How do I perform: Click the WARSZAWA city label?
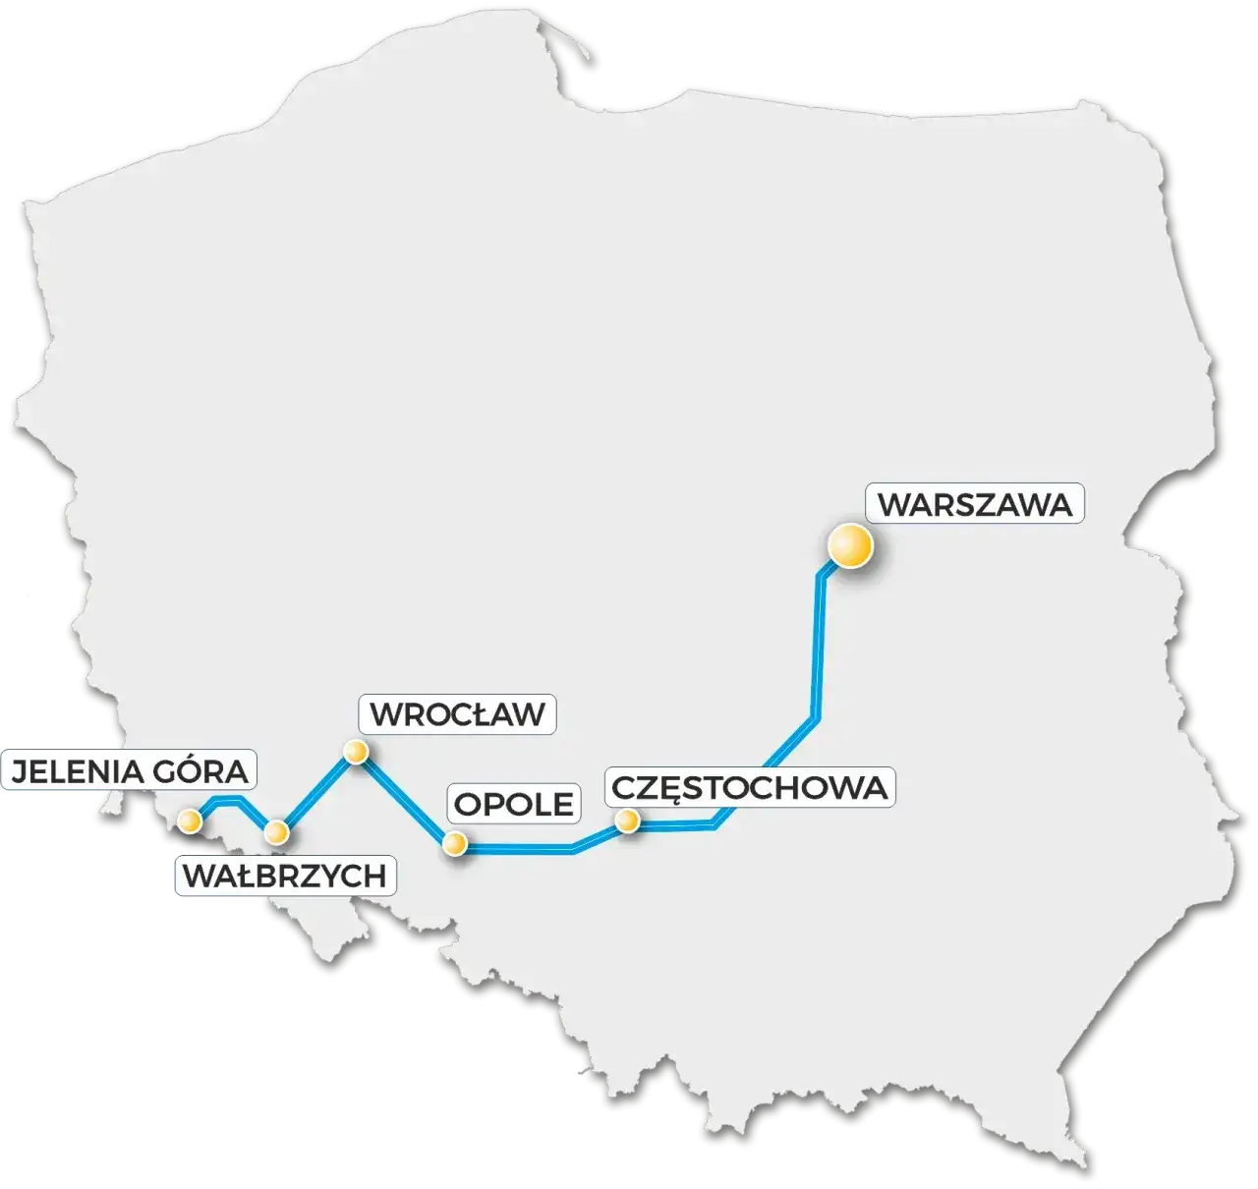[x=974, y=504]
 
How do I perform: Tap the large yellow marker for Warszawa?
[x=850, y=546]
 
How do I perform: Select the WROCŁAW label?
[x=458, y=713]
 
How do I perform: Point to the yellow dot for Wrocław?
[x=355, y=753]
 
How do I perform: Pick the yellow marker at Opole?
[x=454, y=843]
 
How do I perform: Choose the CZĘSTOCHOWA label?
[x=749, y=787]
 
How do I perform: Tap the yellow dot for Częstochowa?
[x=625, y=820]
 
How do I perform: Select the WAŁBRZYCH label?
[x=285, y=876]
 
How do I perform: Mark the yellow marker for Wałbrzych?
[x=277, y=832]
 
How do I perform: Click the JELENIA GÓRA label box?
[x=129, y=769]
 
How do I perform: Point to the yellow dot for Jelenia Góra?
[x=189, y=821]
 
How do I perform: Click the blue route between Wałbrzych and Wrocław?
[x=316, y=792]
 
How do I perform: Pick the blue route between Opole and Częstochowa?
[x=550, y=847]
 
